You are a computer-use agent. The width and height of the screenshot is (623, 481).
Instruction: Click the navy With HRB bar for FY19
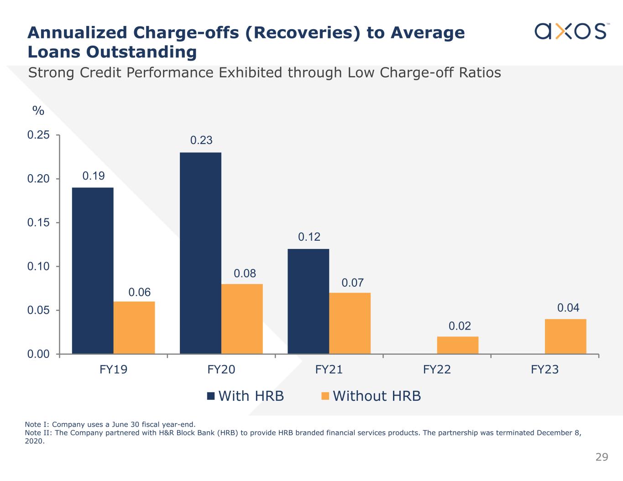point(93,270)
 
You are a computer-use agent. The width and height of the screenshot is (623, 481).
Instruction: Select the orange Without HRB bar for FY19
point(134,327)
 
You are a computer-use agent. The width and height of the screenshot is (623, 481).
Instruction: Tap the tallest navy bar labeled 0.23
point(200,253)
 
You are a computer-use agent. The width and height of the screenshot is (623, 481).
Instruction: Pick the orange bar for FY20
point(242,319)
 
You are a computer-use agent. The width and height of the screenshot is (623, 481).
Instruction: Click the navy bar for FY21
point(308,301)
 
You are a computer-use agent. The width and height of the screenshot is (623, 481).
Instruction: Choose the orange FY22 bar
point(457,345)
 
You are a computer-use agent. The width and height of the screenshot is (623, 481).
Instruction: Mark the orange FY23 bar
point(565,336)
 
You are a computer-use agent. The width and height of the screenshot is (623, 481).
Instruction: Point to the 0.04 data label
point(568,308)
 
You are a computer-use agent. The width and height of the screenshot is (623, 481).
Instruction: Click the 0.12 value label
point(309,237)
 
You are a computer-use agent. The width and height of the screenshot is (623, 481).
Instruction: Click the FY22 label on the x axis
point(437,369)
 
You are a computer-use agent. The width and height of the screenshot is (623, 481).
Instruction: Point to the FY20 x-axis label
point(221,369)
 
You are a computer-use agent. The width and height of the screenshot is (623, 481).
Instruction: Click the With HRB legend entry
point(246,396)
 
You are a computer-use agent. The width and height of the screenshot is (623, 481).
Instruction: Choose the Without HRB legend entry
point(371,396)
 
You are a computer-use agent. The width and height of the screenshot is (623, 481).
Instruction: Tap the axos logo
point(571,31)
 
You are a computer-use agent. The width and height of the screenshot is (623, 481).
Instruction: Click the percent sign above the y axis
point(38,111)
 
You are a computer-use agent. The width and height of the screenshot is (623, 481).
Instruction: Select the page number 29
point(602,457)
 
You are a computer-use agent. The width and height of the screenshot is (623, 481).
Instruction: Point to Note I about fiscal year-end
point(110,424)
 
